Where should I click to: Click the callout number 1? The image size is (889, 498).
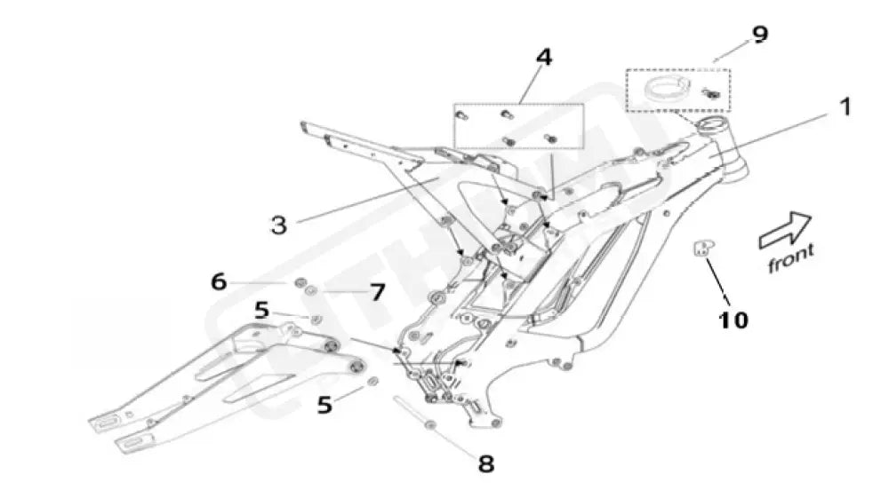point(845,108)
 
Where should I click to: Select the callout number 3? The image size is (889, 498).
point(279,224)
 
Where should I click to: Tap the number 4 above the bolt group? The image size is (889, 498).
point(543,58)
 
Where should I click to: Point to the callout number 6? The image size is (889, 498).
point(219,281)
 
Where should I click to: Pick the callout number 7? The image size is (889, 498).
point(377,291)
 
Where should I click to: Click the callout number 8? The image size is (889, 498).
point(486,462)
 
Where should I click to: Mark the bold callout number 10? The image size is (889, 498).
point(733,319)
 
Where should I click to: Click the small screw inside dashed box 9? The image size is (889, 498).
point(710,91)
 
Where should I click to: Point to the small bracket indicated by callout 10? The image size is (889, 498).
point(704,249)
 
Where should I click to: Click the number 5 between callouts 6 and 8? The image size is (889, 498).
point(324,405)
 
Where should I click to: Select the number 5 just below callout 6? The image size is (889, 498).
point(261,311)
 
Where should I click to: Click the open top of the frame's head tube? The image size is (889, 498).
point(713,124)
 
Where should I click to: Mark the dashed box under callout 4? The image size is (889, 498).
point(519,125)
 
